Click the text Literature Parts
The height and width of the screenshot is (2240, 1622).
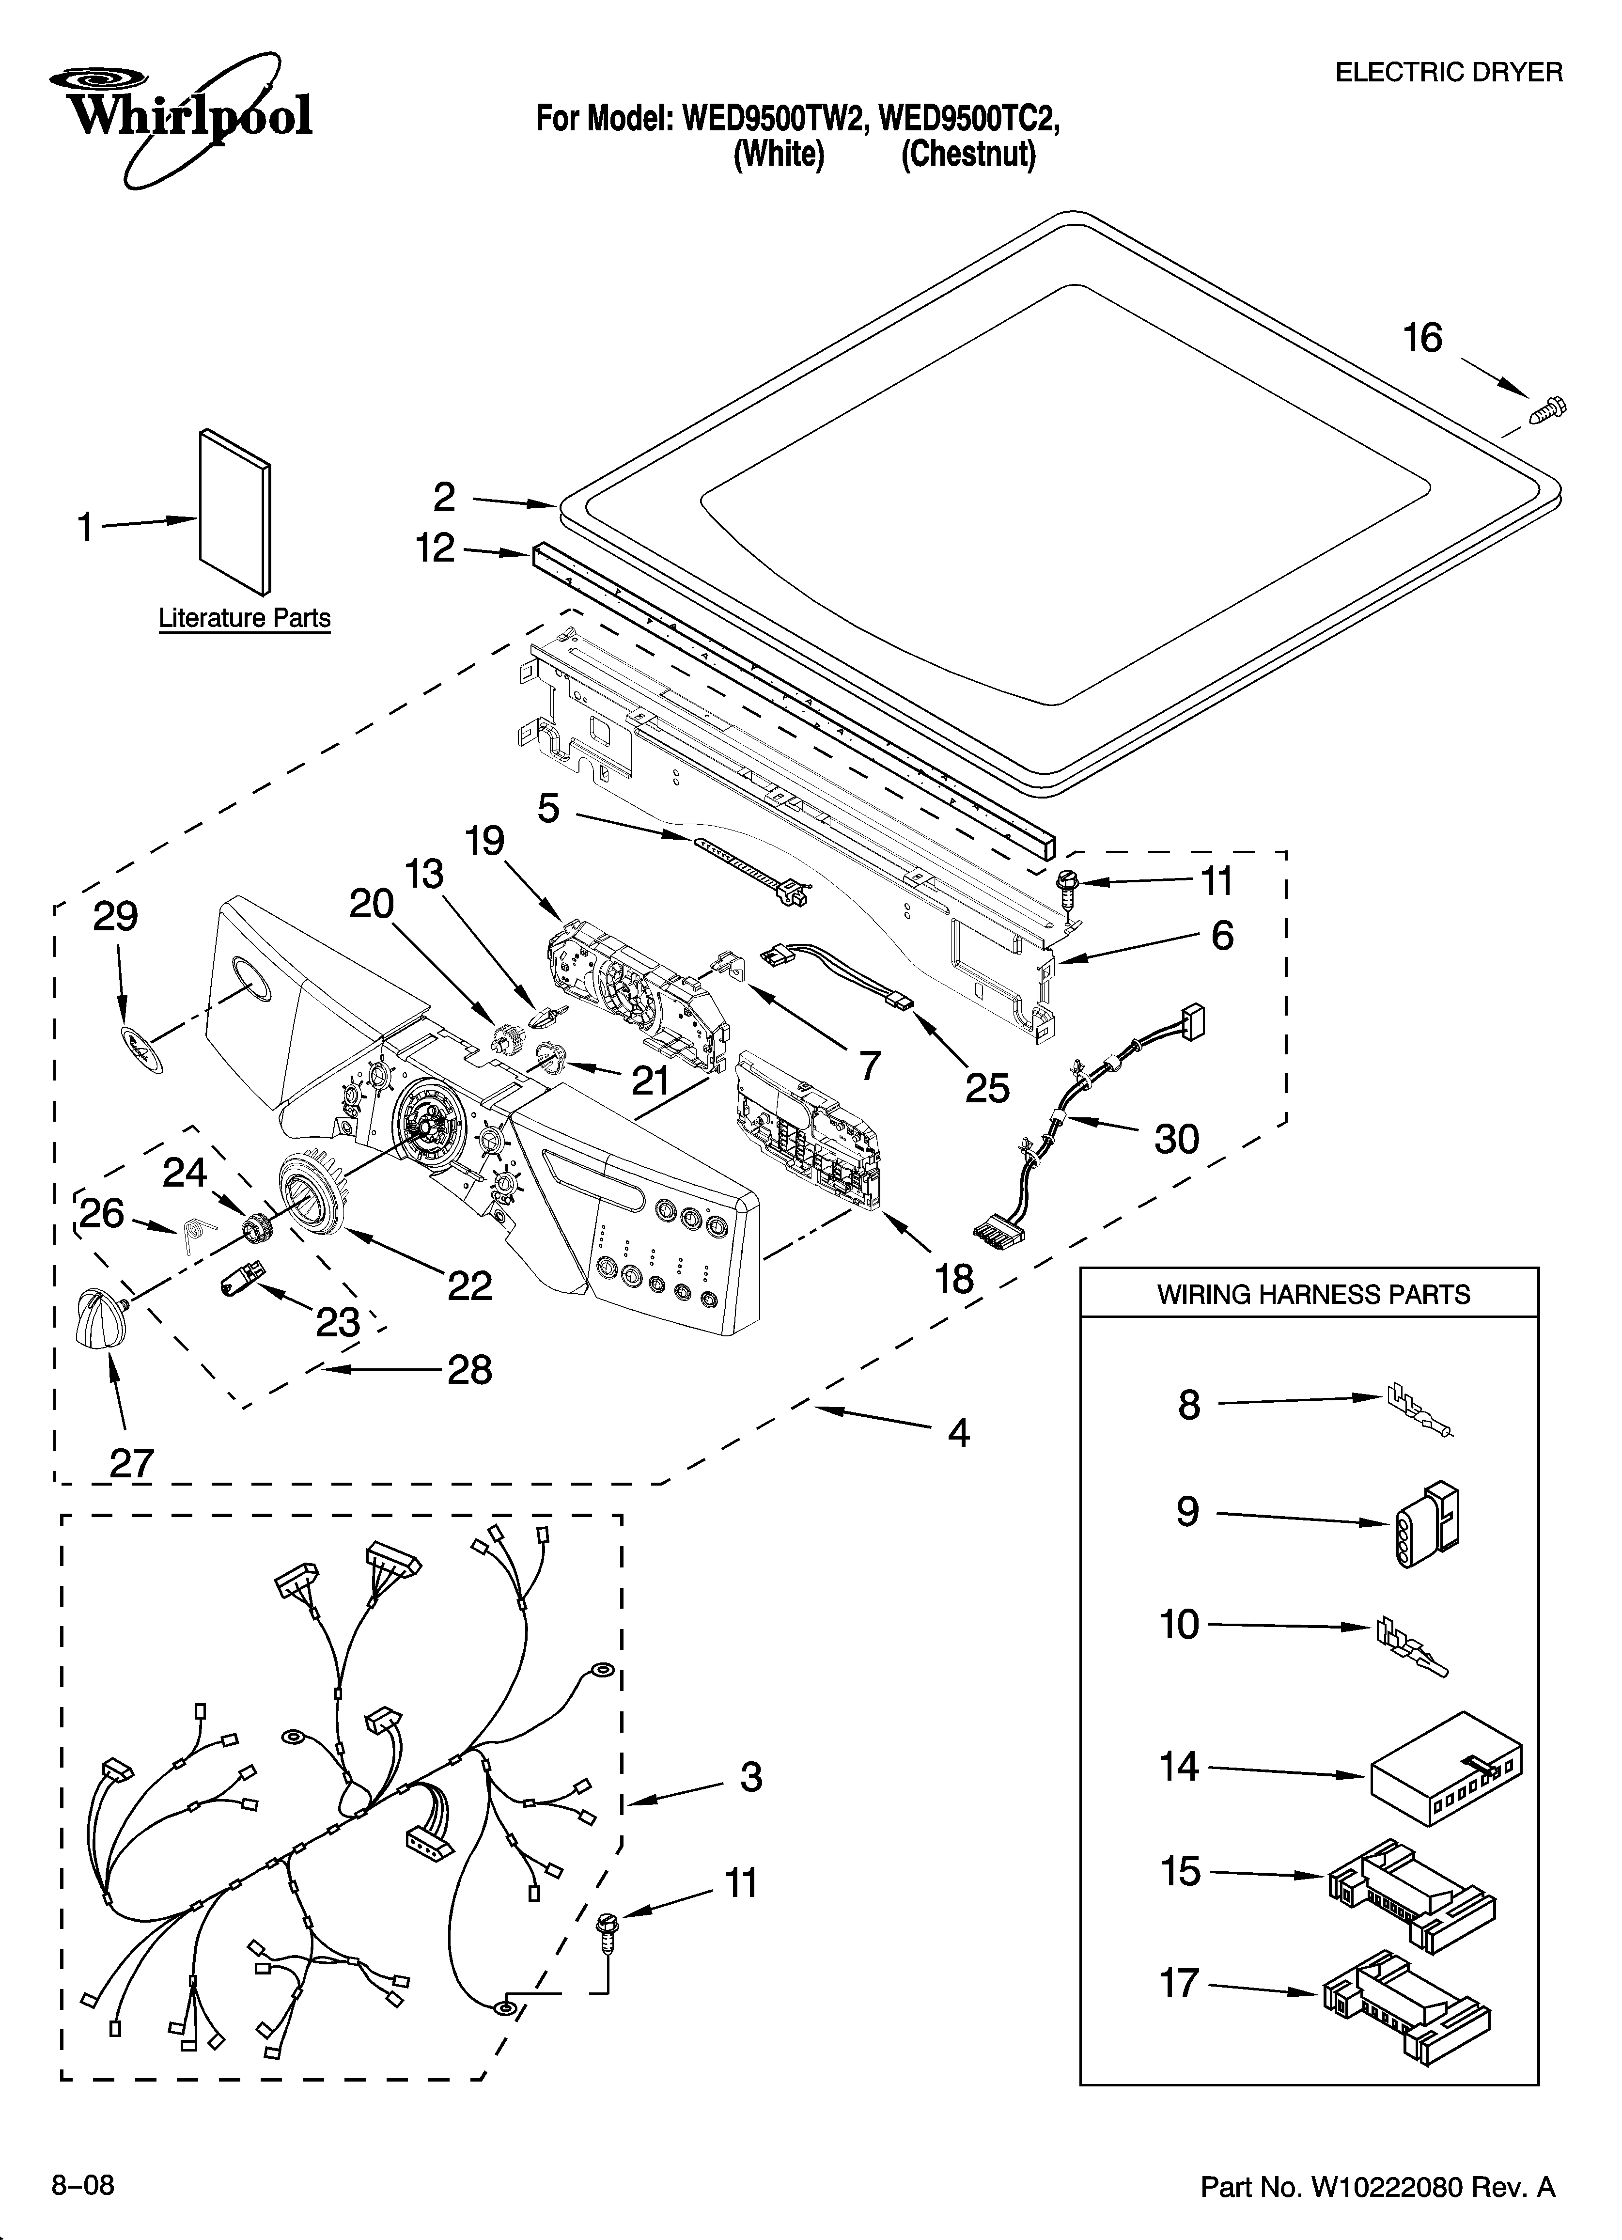pyautogui.click(x=244, y=618)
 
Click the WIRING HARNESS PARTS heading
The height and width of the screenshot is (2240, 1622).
pyautogui.click(x=1313, y=1294)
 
